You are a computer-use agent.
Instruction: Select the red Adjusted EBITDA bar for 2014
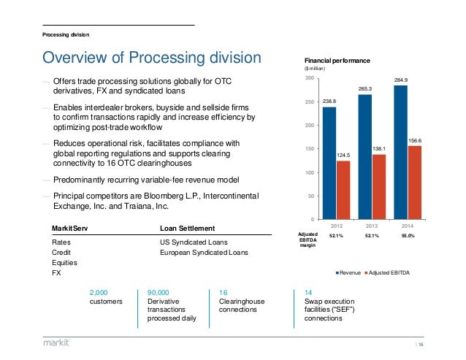coord(415,182)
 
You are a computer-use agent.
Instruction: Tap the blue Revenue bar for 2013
coord(365,156)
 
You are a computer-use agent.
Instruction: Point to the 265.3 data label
coord(365,88)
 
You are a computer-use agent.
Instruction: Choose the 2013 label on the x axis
coord(373,226)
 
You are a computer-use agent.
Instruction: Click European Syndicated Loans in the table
coord(204,253)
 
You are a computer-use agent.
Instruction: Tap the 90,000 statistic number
coord(160,291)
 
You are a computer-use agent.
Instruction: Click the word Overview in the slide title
coord(74,58)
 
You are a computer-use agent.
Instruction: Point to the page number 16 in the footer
coord(443,342)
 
